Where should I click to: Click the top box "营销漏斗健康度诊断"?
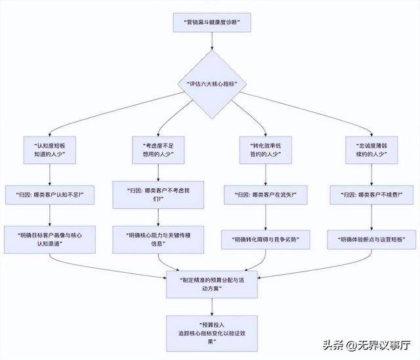(211, 23)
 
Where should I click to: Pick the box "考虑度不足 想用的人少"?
(157, 151)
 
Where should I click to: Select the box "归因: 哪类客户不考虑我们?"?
(157, 195)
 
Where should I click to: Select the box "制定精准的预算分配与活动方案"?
(211, 283)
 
